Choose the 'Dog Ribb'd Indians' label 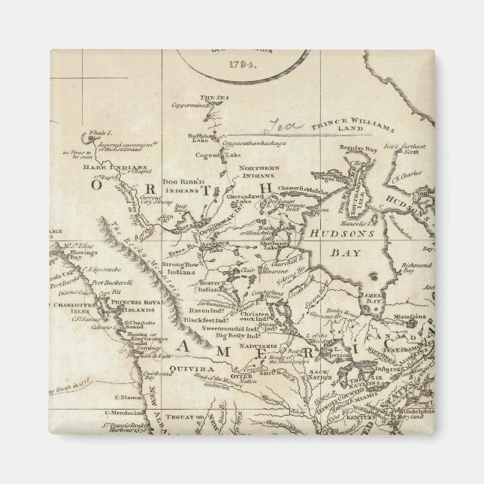tap(163, 186)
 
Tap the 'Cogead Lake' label tap(216, 156)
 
